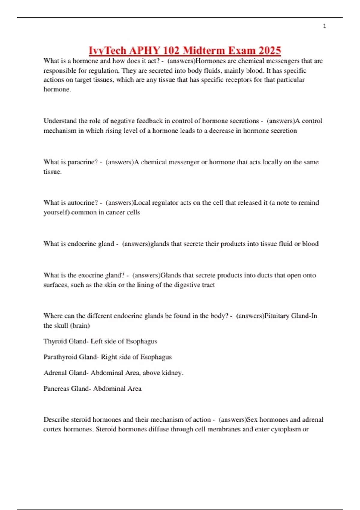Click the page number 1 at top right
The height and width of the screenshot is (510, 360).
pyautogui.click(x=325, y=26)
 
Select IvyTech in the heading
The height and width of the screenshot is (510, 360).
pyautogui.click(x=107, y=50)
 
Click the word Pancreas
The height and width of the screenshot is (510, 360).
pyautogui.click(x=55, y=388)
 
